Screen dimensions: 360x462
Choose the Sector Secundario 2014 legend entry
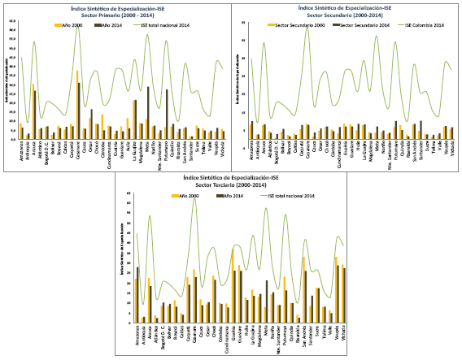[x=355, y=24]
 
